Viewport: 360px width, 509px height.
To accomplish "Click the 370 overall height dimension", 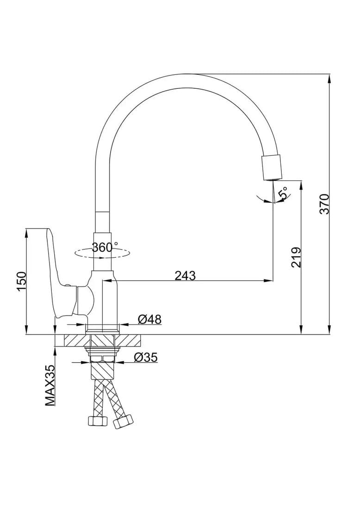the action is [324, 204].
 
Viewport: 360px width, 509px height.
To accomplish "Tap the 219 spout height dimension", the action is [296, 257].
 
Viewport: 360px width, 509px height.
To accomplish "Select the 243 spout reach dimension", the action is [186, 276].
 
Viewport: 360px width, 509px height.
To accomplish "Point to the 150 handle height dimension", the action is [21, 281].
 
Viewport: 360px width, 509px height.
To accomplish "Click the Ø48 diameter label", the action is [149, 319].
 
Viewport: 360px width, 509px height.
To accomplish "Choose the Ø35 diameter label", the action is [146, 358].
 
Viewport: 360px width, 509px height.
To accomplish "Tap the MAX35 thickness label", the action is [50, 385].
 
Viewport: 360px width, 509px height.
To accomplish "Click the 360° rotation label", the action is [105, 248].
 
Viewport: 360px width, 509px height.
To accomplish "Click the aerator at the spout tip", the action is [271, 167].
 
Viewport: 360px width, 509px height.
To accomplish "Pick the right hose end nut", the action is [123, 422].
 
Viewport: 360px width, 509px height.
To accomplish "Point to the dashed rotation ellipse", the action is [102, 254].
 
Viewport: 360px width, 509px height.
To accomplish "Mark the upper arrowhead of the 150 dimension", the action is [25, 233].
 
